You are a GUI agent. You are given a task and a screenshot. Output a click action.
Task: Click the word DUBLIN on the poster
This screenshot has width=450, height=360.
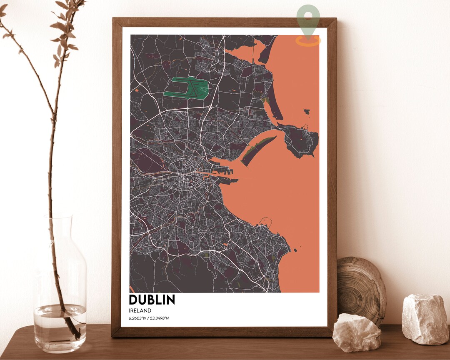click(152, 300)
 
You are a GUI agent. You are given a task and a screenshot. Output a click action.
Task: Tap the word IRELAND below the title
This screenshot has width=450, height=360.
click(140, 310)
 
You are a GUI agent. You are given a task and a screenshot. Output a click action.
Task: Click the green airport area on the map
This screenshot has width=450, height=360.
click(186, 87)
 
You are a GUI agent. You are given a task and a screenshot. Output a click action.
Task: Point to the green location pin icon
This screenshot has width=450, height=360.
click(308, 17)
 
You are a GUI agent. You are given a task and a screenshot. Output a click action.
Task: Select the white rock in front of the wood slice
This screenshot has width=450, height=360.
click(357, 332)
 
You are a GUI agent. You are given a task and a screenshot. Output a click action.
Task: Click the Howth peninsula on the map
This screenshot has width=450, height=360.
click(302, 141)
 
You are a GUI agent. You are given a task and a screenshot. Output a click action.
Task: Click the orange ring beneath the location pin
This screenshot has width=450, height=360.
click(308, 41)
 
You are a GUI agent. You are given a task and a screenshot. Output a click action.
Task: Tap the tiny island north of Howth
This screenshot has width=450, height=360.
click(307, 112)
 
